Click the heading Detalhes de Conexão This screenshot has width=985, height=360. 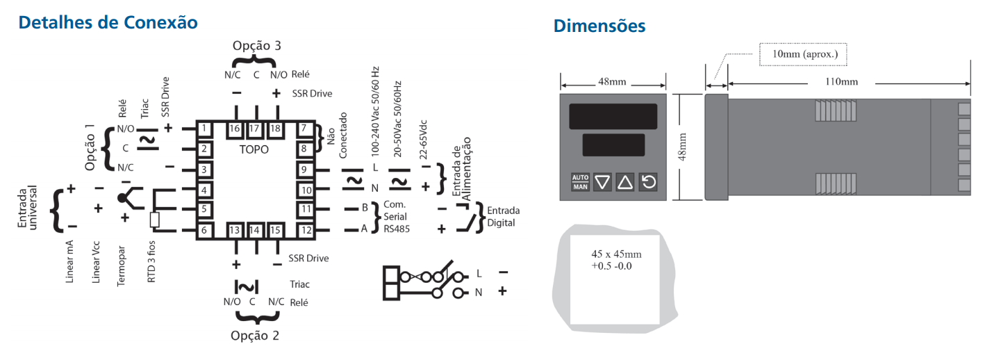coord(108,22)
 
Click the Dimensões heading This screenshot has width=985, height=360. coord(599,26)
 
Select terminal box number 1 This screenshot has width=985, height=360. coord(204,129)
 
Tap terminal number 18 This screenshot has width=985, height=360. coord(275,129)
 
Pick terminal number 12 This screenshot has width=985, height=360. coord(306,230)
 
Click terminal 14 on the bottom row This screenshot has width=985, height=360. coord(254,230)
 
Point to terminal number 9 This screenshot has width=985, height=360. coord(304,170)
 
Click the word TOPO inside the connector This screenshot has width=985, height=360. coord(254,149)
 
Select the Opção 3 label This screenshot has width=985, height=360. coord(257,46)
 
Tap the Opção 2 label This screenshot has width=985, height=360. coord(255,336)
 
